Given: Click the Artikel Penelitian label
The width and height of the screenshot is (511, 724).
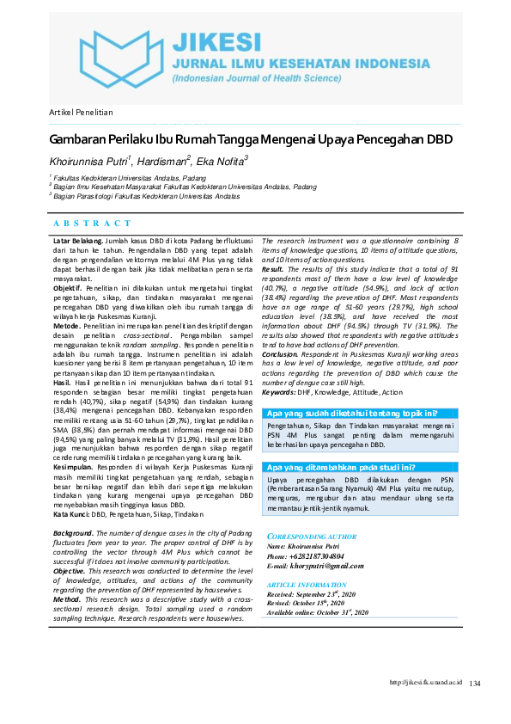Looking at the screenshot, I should click(80, 113).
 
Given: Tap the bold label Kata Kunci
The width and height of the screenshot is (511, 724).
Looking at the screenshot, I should click(71, 513).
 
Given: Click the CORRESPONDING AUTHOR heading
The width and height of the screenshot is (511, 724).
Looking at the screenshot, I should click(312, 537).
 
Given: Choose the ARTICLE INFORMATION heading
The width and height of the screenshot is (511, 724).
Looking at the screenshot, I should click(307, 585).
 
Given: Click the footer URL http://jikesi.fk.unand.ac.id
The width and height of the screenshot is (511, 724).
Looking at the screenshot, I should click(426, 682).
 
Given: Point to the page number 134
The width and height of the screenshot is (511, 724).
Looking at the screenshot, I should click(475, 683).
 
